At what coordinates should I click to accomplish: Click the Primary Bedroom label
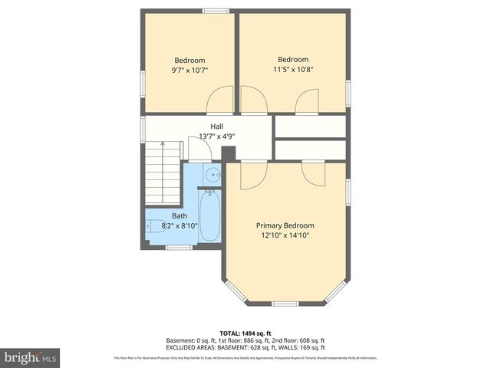tap(285, 225)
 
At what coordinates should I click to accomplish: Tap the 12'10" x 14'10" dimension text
tap(285, 235)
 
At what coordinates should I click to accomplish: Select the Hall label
tap(217, 127)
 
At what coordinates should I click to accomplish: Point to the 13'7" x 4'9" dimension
tap(217, 136)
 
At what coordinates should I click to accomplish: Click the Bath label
tap(180, 216)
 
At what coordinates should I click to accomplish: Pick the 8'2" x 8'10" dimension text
tap(180, 225)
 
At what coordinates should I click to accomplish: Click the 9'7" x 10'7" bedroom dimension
tap(189, 70)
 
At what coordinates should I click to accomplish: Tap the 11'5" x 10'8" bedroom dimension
tap(293, 69)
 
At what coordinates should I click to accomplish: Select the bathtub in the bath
tap(209, 216)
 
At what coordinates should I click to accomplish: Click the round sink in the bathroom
tap(212, 176)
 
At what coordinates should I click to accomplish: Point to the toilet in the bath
tap(155, 225)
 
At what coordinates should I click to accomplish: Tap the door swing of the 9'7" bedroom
tap(220, 100)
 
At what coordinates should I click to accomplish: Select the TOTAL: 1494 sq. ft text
tap(245, 333)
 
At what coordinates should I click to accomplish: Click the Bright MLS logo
tap(31, 357)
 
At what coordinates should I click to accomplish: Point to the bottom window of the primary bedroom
tap(285, 304)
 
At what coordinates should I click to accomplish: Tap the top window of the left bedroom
tap(215, 11)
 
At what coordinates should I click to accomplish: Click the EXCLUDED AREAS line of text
tap(245, 347)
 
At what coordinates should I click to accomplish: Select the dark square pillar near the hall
tap(229, 153)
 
